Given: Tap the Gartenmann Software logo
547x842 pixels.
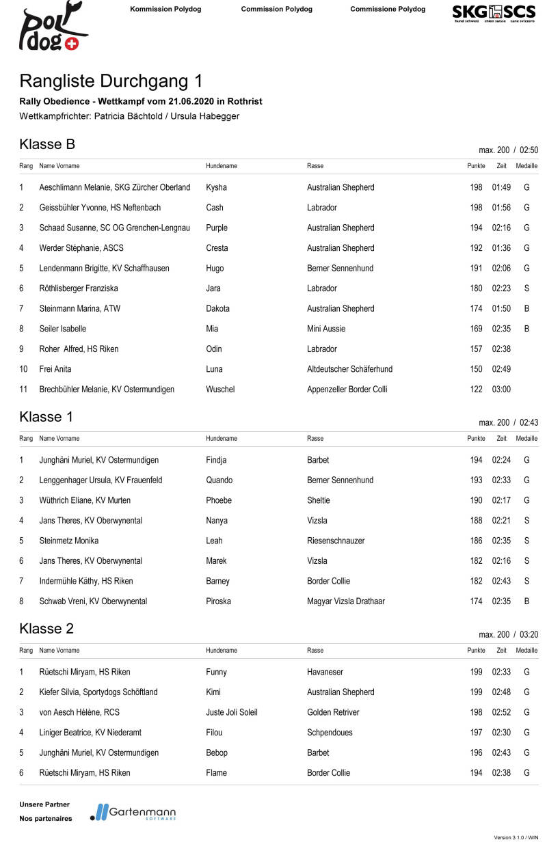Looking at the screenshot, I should pyautogui.click(x=133, y=812).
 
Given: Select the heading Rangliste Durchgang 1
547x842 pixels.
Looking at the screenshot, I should pyautogui.click(x=111, y=81).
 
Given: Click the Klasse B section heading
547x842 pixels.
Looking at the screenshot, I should pyautogui.click(x=47, y=144).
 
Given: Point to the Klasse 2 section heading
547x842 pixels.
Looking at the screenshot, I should pyautogui.click(x=46, y=629).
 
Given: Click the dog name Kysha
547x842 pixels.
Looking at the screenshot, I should pyautogui.click(x=216, y=187).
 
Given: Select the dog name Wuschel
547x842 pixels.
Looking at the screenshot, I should pyautogui.click(x=220, y=390).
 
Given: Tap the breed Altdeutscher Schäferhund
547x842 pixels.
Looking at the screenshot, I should pyautogui.click(x=349, y=369).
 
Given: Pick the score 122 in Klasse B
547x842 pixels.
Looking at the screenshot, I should pyautogui.click(x=476, y=390).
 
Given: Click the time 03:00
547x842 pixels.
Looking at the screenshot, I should pyautogui.click(x=501, y=390).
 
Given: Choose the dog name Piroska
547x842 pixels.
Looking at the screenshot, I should pyautogui.click(x=219, y=601).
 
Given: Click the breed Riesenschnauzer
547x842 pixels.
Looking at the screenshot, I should pyautogui.click(x=336, y=541).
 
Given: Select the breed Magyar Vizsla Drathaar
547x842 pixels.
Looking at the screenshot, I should pyautogui.click(x=345, y=601).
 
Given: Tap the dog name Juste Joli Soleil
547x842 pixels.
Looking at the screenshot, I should pyautogui.click(x=232, y=712).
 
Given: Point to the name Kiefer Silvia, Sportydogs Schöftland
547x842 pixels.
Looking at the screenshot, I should pyautogui.click(x=98, y=692).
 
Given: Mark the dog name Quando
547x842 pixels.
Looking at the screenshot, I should pyautogui.click(x=219, y=480).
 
